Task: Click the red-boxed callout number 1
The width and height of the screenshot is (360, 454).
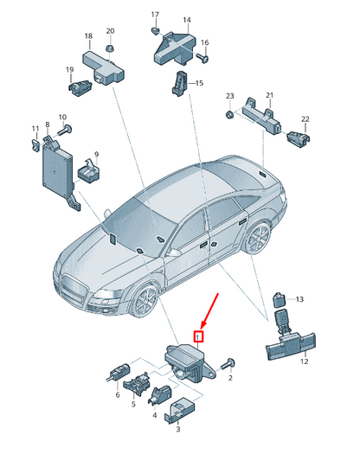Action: coord(198,336)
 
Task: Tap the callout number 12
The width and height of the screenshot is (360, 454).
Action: coord(304,361)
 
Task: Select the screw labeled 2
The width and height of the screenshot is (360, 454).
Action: coord(228,363)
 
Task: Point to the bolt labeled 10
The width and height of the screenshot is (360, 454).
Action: coord(65,130)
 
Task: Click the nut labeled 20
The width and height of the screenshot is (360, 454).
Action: coord(110,48)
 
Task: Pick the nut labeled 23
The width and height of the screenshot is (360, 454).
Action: coord(229,115)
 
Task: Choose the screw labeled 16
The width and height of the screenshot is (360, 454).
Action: coord(202,57)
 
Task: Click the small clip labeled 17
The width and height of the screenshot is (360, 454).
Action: coord(156,30)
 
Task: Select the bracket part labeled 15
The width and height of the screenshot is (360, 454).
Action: coord(180,83)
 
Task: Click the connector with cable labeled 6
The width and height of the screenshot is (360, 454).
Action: coord(118,373)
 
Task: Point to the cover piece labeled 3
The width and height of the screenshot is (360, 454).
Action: coord(180,410)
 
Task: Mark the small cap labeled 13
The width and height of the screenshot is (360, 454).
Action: coord(280,300)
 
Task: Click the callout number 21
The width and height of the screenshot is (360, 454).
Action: coord(269,95)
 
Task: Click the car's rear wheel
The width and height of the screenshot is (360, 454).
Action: coord(258,239)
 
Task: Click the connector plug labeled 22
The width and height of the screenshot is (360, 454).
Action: coord(298,137)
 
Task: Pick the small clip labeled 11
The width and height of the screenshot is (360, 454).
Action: coord(35,144)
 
